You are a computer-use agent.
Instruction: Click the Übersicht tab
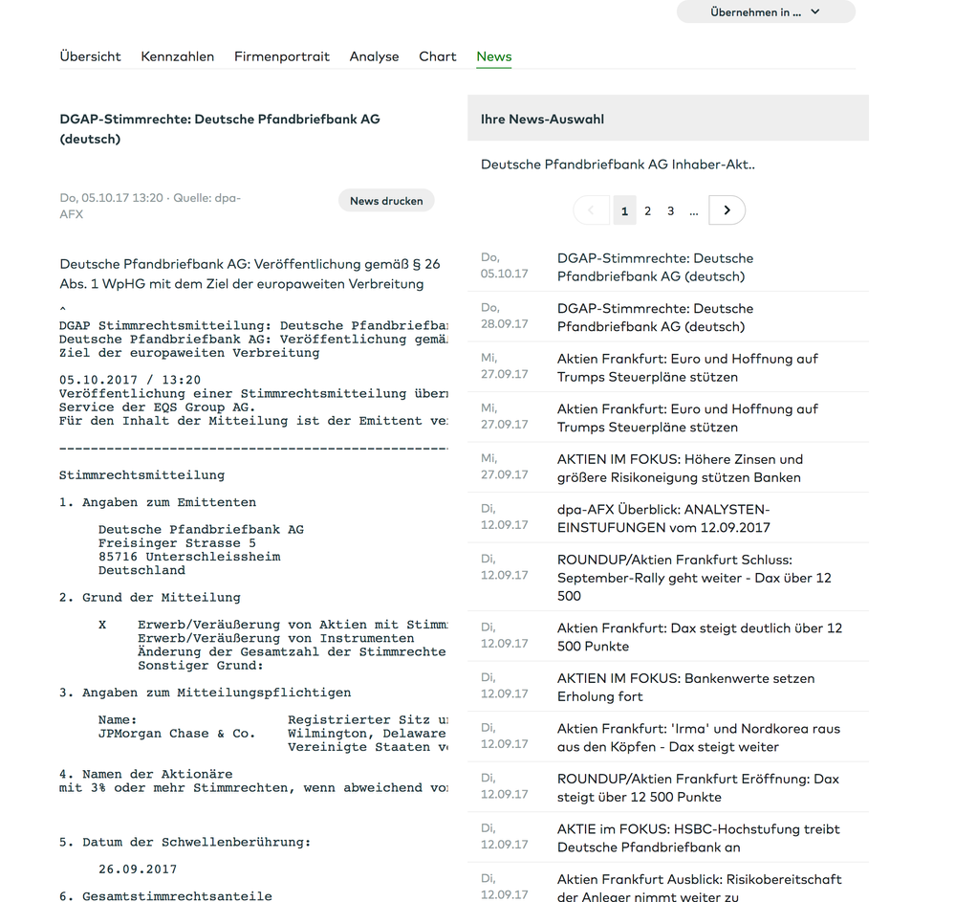pos(90,56)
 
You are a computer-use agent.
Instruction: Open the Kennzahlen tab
pos(178,56)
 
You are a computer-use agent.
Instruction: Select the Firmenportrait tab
pos(282,56)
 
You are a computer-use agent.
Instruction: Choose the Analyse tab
pos(374,56)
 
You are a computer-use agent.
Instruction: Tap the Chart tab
pos(438,56)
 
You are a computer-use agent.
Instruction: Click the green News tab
pos(494,56)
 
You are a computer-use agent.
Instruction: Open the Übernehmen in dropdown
pos(766,12)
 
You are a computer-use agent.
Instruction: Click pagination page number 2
pos(647,210)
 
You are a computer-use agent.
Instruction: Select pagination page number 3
pos(670,210)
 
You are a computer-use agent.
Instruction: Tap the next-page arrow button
pos(727,210)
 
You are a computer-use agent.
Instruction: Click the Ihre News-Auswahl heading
pos(542,120)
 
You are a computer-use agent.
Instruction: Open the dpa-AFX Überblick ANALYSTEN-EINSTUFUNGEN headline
pos(663,518)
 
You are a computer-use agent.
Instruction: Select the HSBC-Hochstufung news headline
pos(698,838)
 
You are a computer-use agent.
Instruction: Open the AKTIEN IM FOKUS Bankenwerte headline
pos(685,687)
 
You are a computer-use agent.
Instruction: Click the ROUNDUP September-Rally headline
pos(694,578)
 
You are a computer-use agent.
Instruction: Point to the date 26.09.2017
pos(138,869)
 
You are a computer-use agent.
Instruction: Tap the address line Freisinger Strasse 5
pos(177,543)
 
